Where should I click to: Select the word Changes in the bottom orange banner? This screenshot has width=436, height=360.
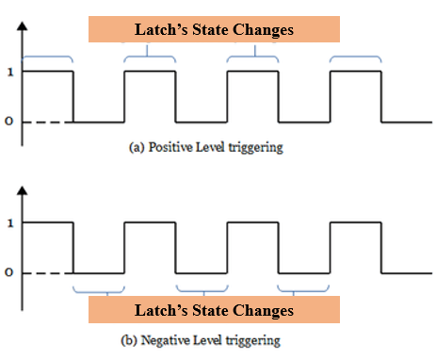coord(265,310)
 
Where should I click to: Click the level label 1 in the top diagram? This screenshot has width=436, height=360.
coord(8,72)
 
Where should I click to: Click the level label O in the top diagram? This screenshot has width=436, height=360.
coord(8,123)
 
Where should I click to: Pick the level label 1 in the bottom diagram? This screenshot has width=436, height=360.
coord(8,223)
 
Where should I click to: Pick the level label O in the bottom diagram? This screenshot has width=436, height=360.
coord(8,274)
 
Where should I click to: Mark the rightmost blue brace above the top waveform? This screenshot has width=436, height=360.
coord(355,59)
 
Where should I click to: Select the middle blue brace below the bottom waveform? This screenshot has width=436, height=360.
coord(202,287)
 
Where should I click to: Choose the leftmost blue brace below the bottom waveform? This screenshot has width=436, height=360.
coord(99,287)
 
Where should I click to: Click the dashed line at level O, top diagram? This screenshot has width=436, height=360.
coord(47,123)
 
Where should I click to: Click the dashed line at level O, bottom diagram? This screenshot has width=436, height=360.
coord(47,274)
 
